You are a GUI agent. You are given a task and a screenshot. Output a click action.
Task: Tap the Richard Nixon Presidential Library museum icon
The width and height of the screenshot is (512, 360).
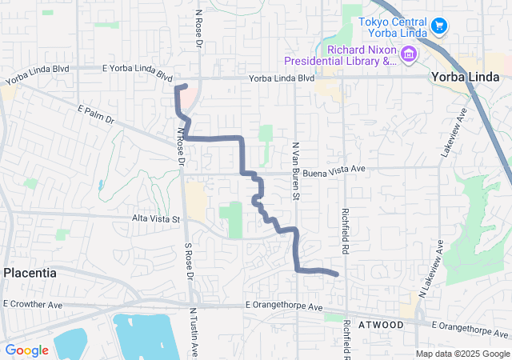tap(409, 54)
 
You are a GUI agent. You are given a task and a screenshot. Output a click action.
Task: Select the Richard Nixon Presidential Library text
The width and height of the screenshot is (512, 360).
tap(340, 54)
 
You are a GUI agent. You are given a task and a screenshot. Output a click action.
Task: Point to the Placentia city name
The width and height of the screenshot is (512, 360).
tap(30, 273)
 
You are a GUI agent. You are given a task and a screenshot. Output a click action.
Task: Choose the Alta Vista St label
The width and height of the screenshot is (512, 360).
tap(156, 218)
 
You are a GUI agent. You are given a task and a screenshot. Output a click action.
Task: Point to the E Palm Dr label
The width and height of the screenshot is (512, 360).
tap(97, 114)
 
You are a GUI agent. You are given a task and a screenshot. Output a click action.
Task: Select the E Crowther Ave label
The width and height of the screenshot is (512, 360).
tap(33, 304)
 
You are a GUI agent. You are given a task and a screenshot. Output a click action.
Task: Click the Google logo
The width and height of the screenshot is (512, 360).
tap(26, 350)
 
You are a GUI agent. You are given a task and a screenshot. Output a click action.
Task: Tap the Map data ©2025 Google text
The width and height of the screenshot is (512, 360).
tap(462, 354)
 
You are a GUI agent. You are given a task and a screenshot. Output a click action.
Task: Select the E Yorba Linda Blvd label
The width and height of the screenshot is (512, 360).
tap(138, 73)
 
